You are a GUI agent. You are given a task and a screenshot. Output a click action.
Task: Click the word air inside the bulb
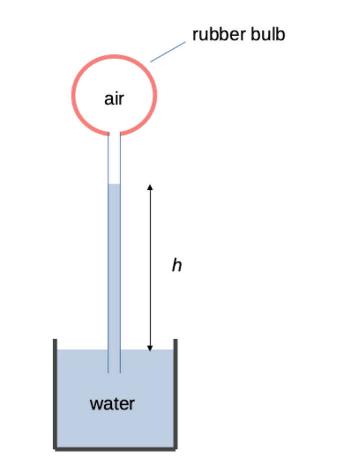(114, 99)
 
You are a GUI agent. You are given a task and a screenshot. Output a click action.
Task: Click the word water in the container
(112, 403)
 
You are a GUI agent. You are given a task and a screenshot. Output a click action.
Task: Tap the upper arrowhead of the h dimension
(149, 187)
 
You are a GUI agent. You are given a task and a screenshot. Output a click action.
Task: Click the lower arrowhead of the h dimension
(149, 347)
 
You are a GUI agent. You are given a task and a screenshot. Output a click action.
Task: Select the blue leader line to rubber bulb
(168, 52)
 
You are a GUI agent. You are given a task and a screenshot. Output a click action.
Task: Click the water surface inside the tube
(114, 184)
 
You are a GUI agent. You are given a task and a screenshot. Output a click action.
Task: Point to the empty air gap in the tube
(114, 159)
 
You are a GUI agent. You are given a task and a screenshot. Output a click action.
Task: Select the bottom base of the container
(115, 447)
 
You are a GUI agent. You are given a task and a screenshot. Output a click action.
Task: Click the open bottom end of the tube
(114, 372)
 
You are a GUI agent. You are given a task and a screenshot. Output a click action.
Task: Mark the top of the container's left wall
(55, 341)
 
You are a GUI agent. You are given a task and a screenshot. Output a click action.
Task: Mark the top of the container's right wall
(175, 341)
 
